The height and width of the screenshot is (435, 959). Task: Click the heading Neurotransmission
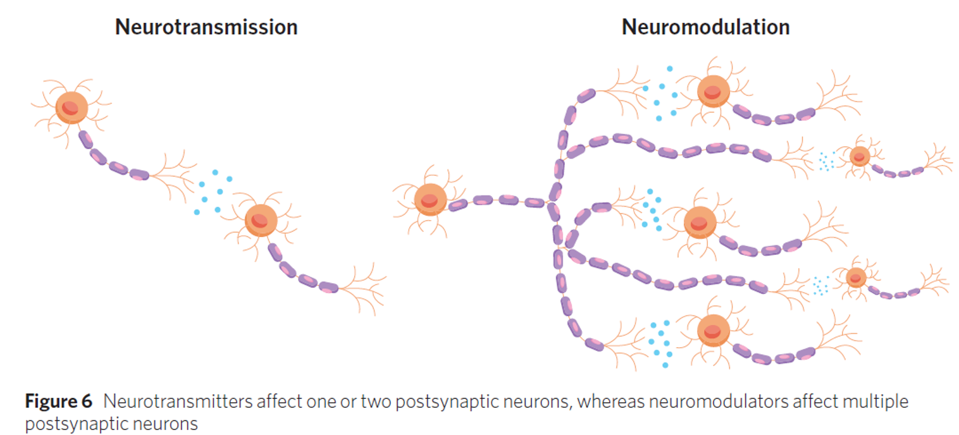click(x=206, y=27)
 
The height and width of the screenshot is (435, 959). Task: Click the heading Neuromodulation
click(x=705, y=27)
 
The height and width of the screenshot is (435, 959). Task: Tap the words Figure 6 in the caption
click(x=58, y=401)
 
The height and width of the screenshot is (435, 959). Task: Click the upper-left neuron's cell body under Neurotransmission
click(x=71, y=107)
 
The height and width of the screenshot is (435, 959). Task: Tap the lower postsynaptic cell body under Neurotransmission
click(x=261, y=219)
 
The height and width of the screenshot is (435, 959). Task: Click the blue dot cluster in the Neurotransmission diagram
click(x=213, y=191)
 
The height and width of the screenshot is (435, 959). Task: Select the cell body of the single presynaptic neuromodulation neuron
click(x=430, y=200)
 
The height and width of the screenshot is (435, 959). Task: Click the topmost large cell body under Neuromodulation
click(x=714, y=92)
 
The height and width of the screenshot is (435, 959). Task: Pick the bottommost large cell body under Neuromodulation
click(x=713, y=330)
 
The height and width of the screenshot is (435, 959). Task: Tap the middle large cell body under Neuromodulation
click(x=700, y=223)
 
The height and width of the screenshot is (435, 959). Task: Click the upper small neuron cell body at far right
click(x=859, y=156)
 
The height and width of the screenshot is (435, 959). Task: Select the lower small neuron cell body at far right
click(x=855, y=277)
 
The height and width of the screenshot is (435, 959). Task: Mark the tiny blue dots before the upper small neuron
click(x=826, y=161)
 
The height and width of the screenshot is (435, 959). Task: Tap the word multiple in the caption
click(x=876, y=401)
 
